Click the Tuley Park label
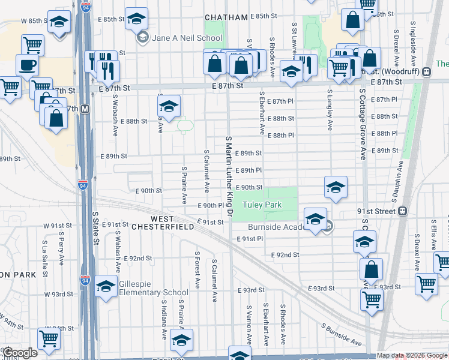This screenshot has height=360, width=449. tap(262, 205)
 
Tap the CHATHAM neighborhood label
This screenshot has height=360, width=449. tap(226, 17)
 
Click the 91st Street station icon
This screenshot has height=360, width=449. tap(402, 211)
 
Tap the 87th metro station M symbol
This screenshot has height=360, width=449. tap(85, 109)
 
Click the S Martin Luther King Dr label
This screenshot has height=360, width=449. tap(229, 175)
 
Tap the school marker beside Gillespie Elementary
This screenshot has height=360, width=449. tap(106, 286)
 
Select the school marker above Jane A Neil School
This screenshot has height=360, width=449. tap(137, 18)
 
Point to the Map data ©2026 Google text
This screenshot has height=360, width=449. tap(411, 355)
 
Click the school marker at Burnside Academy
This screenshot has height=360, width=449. tap(315, 218)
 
